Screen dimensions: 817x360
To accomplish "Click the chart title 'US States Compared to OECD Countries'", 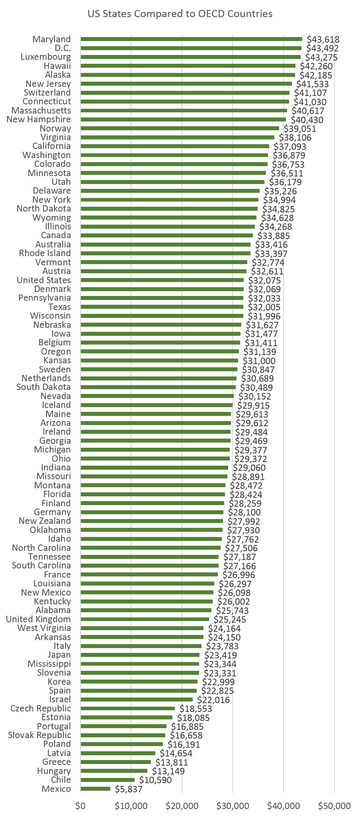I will click(x=180, y=14).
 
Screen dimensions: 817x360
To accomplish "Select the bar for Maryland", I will click(x=191, y=39).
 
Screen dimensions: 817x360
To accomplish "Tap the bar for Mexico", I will click(x=96, y=789).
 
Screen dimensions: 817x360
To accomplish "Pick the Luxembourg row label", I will click(x=46, y=57).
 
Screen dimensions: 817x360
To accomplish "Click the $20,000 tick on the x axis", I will click(x=182, y=806).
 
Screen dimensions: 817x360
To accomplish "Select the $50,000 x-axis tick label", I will click(x=334, y=806).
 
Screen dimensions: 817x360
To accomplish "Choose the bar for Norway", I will click(x=180, y=128).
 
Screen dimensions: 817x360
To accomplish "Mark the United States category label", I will click(x=44, y=280).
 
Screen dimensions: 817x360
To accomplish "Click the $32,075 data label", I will click(x=264, y=280).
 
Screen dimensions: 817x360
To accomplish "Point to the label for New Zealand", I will click(x=45, y=521).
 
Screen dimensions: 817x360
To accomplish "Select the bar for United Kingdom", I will click(x=145, y=619).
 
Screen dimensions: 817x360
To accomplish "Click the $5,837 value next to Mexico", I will click(x=128, y=789).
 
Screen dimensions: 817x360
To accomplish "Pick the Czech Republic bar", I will click(x=127, y=708).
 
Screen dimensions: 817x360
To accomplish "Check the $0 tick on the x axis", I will click(x=80, y=806).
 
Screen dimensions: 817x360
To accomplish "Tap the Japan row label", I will click(x=59, y=655).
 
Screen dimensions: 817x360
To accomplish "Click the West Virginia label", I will click(x=44, y=628).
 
